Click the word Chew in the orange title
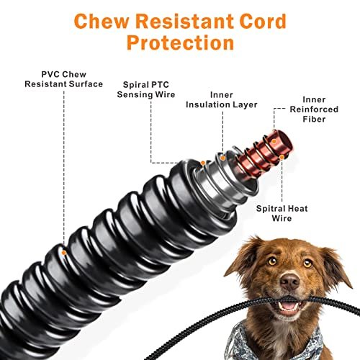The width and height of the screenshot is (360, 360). (102, 21)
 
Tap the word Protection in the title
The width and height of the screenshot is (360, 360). (180, 43)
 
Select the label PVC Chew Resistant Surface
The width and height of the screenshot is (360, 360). (64, 79)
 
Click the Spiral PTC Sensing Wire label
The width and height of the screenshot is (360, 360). (146, 89)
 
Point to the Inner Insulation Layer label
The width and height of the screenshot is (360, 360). (222, 100)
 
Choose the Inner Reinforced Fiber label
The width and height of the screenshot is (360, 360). (314, 109)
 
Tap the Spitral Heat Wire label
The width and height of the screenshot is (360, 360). (282, 213)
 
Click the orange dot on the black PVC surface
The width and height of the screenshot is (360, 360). (64, 253)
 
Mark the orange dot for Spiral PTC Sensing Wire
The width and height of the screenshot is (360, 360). (203, 163)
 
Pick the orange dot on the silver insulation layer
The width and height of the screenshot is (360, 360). (222, 158)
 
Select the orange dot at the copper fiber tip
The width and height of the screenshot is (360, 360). (274, 141)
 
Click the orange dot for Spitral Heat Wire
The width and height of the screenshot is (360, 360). (282, 157)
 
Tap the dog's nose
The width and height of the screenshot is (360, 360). (290, 282)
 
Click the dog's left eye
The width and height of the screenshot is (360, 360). (272, 261)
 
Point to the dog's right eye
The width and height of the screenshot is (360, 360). (307, 264)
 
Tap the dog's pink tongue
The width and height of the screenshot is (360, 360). (289, 306)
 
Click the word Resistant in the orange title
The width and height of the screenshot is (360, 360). (184, 21)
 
